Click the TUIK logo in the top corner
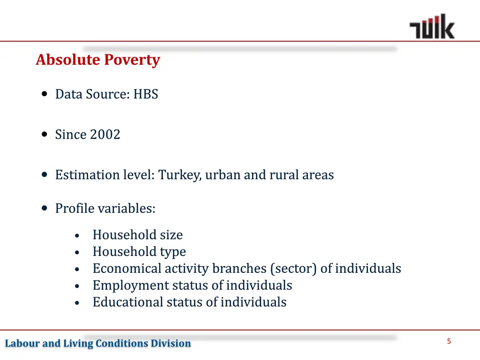point(432,27)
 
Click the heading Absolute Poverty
point(97,60)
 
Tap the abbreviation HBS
point(146,94)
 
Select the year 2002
point(105,135)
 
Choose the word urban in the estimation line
point(223,175)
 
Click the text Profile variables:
point(105,208)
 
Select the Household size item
point(137,235)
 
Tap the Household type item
point(139,252)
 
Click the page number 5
point(449,341)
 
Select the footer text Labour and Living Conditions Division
point(98,344)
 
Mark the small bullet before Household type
point(77,253)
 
